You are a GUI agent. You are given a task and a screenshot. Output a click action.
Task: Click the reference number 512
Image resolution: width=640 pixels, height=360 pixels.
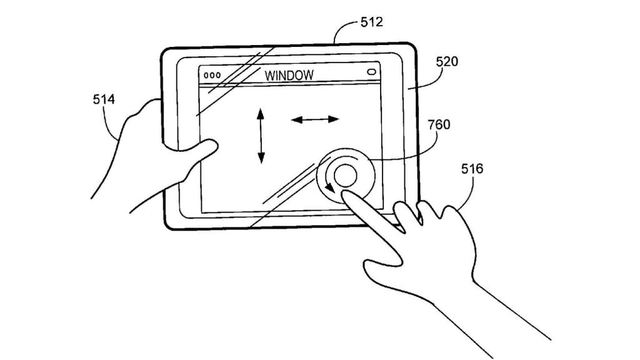372,23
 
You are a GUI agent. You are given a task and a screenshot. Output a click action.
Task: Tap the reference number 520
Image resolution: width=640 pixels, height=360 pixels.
447,62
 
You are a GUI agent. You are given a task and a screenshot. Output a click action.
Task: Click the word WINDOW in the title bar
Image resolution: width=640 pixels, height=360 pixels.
289,76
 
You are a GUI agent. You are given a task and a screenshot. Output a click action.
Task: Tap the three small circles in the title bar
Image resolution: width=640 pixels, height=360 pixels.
212,75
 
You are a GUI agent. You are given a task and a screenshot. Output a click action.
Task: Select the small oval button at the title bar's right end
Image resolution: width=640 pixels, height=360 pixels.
372,72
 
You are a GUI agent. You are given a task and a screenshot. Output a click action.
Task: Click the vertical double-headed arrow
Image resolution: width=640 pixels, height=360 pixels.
261,136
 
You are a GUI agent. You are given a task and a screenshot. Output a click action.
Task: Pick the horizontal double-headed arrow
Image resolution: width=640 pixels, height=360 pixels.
315,119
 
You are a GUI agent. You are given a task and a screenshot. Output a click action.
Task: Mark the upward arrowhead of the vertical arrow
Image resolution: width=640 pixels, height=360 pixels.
261,112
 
